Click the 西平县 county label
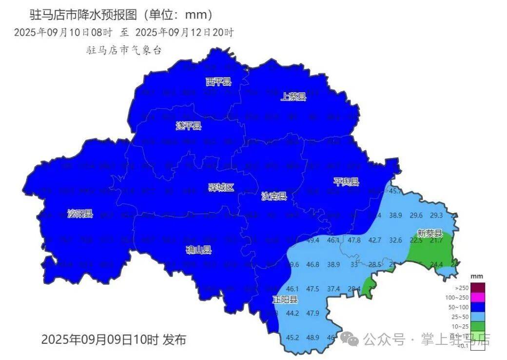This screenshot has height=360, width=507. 218,81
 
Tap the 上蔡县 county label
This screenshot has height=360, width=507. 293,97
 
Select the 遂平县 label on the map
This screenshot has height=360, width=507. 189,126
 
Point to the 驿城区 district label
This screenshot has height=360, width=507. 221,187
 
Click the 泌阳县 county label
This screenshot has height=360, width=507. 80,213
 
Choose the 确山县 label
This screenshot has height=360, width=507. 199,250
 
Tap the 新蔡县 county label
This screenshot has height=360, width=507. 429,233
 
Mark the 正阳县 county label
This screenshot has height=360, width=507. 285,300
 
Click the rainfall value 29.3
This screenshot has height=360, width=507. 436,216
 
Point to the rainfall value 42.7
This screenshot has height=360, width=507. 374,240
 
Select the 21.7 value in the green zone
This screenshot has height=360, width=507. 436,240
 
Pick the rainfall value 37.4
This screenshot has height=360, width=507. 333,289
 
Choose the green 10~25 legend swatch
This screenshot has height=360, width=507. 478,326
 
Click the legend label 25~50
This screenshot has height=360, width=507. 460,317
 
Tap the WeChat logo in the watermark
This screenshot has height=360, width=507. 350,339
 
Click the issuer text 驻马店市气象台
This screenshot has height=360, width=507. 123,50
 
